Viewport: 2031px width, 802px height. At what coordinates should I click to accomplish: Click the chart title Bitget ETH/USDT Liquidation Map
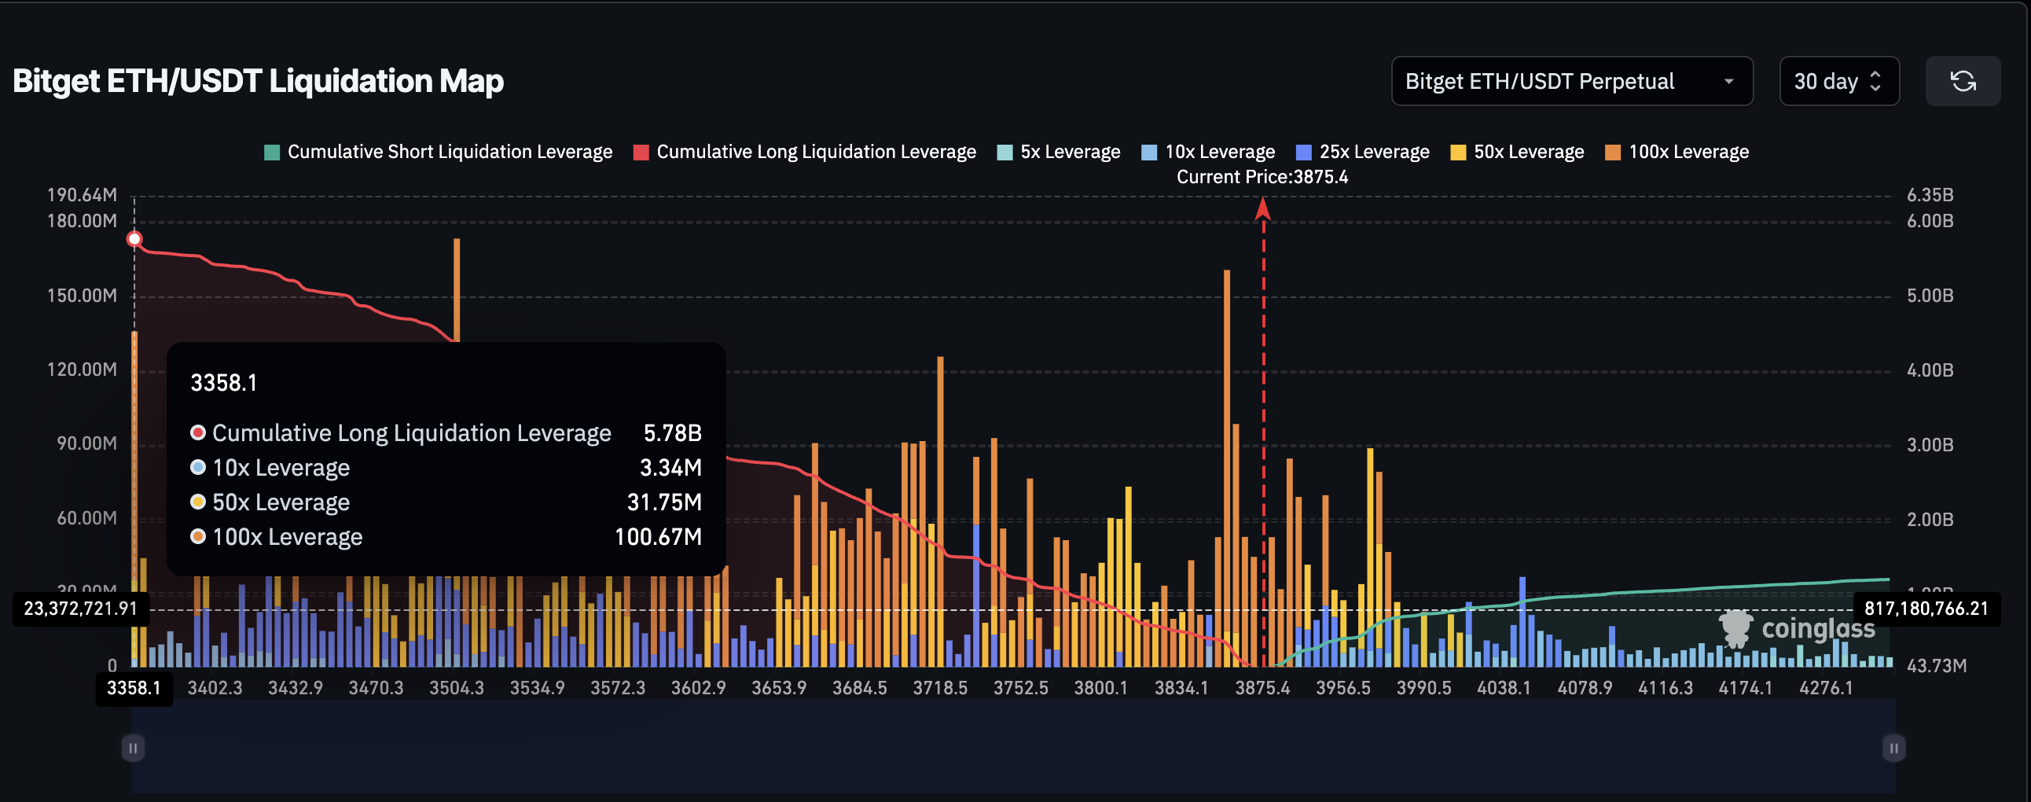click(x=258, y=81)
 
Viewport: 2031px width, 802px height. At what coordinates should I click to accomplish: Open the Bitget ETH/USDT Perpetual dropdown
click(x=1571, y=81)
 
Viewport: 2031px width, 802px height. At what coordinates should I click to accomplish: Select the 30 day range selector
click(x=1838, y=81)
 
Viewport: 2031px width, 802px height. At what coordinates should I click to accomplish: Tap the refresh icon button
click(x=1962, y=81)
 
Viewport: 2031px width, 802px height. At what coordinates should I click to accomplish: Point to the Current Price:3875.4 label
click(x=1262, y=177)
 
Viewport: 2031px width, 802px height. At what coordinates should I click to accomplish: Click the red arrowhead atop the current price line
click(x=1262, y=208)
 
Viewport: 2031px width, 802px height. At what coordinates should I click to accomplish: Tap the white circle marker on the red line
click(x=135, y=239)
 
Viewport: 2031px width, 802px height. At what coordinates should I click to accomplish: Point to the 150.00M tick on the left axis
click(x=82, y=296)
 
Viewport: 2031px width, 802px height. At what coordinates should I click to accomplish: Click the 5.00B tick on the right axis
click(x=1930, y=296)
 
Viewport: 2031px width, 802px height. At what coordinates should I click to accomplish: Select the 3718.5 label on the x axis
click(x=940, y=688)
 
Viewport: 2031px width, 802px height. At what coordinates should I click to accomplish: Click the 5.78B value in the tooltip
click(x=672, y=433)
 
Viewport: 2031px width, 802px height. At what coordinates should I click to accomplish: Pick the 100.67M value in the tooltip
click(x=658, y=537)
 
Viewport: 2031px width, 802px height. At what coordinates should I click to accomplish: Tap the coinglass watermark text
click(x=1817, y=628)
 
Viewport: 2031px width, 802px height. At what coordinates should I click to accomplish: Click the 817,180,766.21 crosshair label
click(x=1926, y=609)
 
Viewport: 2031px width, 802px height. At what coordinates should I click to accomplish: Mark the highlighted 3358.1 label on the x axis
click(x=134, y=688)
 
